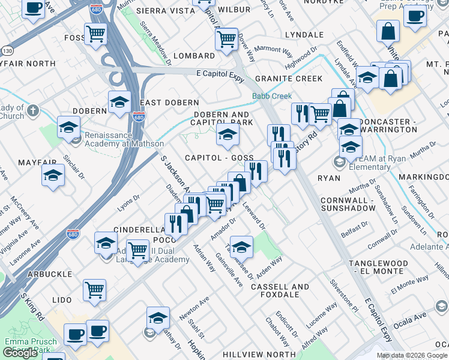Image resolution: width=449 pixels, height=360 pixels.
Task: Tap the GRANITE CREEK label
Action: pos(288,79)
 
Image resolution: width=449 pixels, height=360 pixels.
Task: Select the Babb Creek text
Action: pos(272,96)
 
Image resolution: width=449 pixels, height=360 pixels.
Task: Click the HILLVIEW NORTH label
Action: pos(259,355)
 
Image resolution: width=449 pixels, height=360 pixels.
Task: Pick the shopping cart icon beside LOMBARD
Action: pos(226,40)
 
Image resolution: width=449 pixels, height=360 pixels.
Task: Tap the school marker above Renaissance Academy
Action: pos(69,127)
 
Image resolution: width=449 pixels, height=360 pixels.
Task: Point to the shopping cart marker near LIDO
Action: pos(95,290)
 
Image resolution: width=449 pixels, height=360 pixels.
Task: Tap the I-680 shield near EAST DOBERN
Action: pos(139,118)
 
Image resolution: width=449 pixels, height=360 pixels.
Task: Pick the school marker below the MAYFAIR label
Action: pos(53,175)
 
